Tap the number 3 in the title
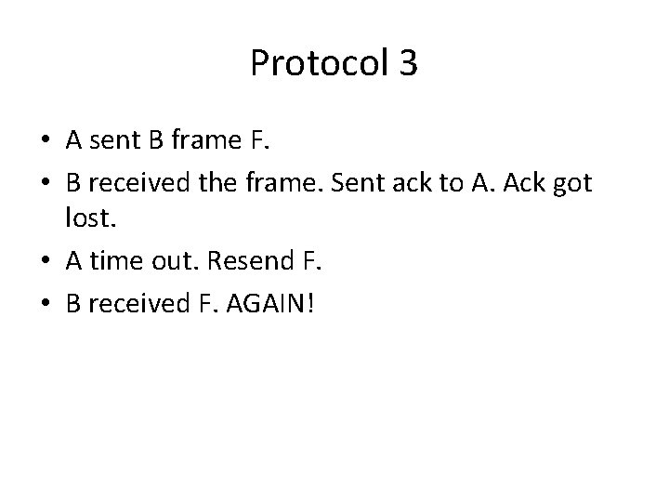407,63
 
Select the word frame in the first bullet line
212,142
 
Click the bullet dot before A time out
45,264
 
